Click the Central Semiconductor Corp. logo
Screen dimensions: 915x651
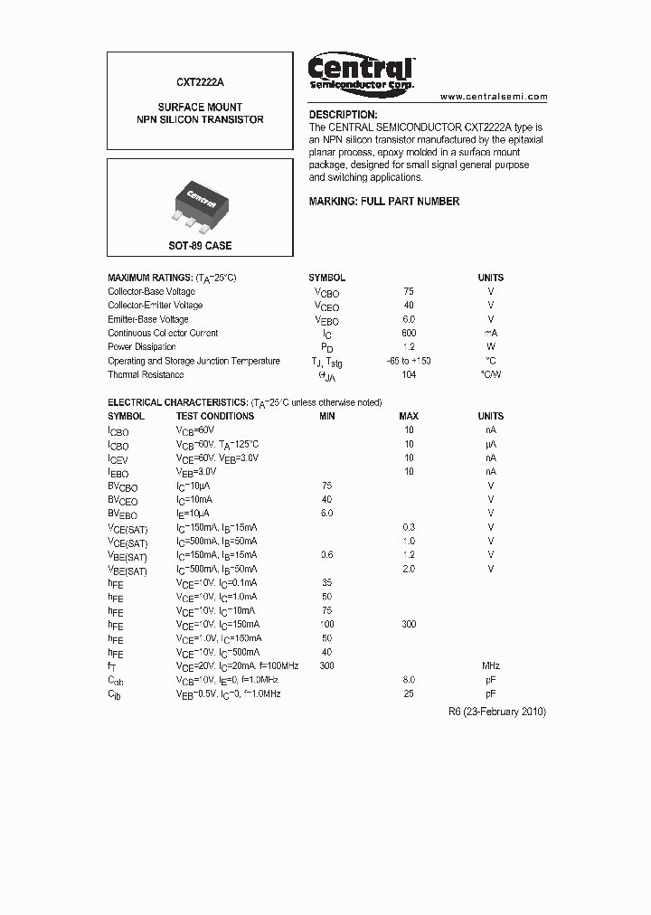tap(361, 71)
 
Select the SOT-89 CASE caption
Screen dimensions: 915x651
tap(201, 246)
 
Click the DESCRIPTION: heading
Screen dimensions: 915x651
tap(343, 115)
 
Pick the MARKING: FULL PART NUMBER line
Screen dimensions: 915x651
tap(384, 202)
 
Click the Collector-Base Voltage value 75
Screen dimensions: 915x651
tap(409, 292)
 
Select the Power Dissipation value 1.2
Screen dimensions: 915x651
tap(409, 347)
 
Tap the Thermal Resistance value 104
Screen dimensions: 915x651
tap(409, 375)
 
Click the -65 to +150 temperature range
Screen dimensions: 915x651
tap(409, 361)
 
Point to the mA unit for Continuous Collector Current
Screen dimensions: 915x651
tap(491, 333)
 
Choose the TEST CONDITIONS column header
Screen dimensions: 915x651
tap(214, 416)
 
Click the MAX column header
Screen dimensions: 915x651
tap(409, 416)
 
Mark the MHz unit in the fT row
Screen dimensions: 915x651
tap(491, 665)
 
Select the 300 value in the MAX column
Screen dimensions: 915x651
tap(409, 624)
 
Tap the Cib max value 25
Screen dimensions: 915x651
tap(409, 693)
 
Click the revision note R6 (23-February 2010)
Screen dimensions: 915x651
tap(497, 712)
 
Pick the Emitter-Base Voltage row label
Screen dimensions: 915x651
tap(148, 319)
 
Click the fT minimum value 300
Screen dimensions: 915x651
tap(326, 665)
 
